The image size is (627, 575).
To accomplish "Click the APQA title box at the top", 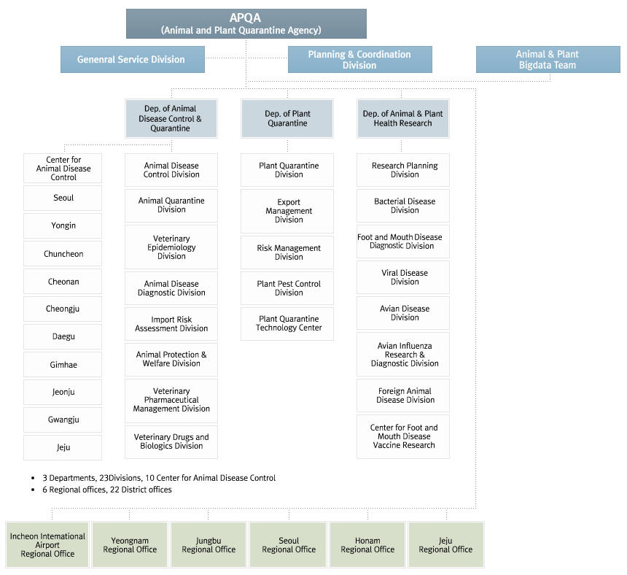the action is (x=246, y=23).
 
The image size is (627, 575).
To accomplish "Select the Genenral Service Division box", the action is (x=133, y=59).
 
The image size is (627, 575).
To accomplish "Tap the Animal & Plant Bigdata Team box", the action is (x=548, y=59).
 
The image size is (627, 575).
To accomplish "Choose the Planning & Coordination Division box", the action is (x=360, y=59).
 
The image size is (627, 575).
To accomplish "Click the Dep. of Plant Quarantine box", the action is (x=287, y=118).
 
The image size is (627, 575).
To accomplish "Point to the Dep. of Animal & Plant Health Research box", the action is (x=403, y=118).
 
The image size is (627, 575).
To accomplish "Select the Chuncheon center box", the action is (x=63, y=254).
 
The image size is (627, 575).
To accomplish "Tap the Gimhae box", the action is (x=63, y=365).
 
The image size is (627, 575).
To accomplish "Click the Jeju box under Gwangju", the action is (x=63, y=447).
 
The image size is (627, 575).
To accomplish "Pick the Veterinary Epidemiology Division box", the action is (x=171, y=247).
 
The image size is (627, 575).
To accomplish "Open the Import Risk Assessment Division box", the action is (x=171, y=324).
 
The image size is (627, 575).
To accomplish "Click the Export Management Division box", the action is (x=287, y=211).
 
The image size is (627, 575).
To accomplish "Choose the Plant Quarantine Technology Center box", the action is (x=287, y=324).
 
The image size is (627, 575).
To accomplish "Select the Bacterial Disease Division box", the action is (x=403, y=206).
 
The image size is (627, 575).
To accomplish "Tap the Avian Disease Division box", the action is (x=403, y=313).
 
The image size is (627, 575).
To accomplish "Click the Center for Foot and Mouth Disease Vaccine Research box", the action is (x=403, y=436).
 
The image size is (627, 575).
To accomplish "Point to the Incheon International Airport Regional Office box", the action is (x=47, y=544).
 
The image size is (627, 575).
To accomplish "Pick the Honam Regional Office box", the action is (x=367, y=544).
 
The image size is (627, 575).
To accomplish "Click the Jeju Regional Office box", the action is (x=446, y=544).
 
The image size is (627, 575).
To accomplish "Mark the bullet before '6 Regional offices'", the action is (x=33, y=490).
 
